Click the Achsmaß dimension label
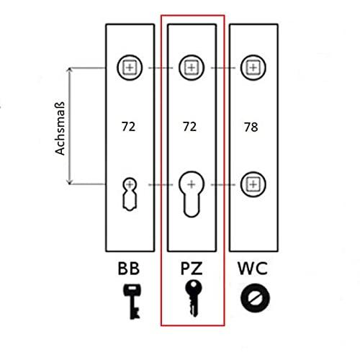60,128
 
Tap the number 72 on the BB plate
129,127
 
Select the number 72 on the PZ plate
190,127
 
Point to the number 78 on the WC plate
251,127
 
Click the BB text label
129,269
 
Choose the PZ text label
192,269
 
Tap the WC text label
253,269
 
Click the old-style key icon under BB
132,302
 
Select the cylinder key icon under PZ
194,298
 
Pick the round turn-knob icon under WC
255,298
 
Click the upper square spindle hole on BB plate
130,68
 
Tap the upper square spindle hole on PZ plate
192,68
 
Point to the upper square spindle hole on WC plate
253,68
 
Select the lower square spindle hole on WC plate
253,184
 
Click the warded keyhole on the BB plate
130,194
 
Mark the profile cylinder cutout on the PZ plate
192,194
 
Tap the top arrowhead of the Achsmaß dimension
70,70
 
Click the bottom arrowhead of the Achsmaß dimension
70,182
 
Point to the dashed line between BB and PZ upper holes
161,68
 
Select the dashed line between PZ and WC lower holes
223,184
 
